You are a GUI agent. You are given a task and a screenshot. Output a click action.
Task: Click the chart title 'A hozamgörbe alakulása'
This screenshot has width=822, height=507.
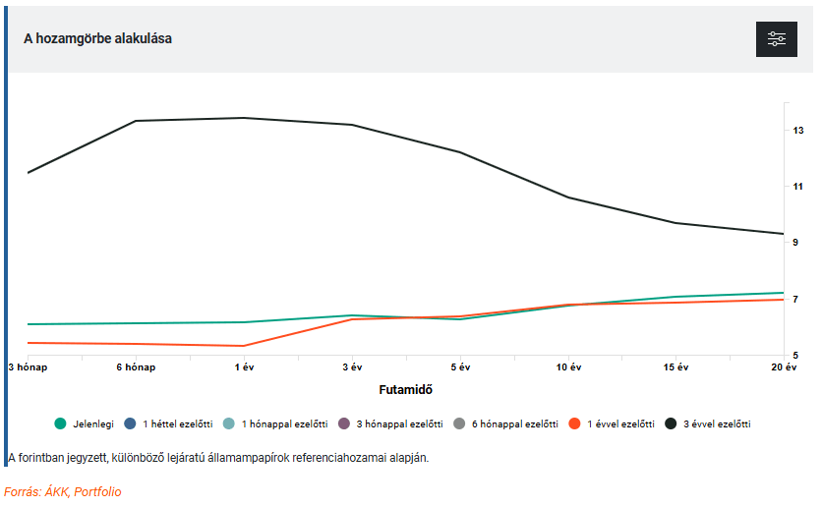tap(97, 38)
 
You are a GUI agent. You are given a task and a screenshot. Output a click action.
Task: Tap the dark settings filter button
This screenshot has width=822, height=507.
tap(777, 38)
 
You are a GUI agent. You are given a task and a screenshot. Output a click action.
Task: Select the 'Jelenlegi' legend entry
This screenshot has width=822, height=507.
tap(85, 423)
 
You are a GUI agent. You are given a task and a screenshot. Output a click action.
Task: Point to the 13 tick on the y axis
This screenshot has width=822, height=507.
tap(798, 130)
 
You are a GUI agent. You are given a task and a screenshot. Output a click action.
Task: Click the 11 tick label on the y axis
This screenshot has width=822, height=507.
tap(798, 186)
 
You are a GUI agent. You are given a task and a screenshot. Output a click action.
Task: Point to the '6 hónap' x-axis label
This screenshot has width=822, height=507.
tap(135, 366)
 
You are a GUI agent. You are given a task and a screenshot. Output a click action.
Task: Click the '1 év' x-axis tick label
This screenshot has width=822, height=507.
tap(244, 366)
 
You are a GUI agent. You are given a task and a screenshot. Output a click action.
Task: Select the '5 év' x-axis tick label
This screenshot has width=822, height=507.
tap(459, 366)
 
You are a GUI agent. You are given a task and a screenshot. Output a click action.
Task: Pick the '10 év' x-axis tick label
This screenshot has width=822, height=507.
tap(567, 366)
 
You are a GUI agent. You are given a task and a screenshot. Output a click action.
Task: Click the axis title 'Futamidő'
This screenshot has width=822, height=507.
tap(406, 389)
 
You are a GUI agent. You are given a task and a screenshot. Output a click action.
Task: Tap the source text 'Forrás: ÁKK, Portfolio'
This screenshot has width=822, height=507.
tap(63, 491)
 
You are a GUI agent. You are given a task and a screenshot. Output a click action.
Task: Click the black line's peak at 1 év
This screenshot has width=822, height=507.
tap(243, 118)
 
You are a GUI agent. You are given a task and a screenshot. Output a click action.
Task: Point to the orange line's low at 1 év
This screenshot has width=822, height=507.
tap(243, 346)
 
